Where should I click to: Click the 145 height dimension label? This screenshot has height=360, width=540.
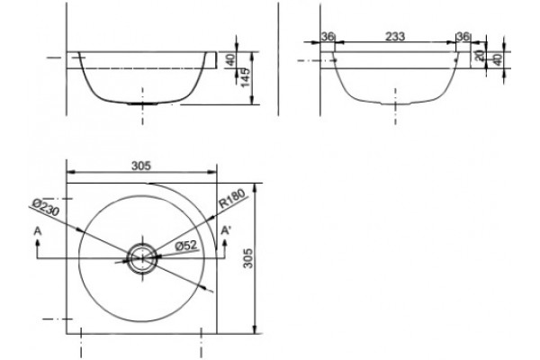[x=246, y=77]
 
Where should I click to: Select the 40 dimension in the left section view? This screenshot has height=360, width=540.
[x=231, y=59]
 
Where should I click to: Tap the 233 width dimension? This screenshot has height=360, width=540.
[x=395, y=36]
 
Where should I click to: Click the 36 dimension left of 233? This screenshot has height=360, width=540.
[x=328, y=36]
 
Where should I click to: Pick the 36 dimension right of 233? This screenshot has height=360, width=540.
[x=463, y=36]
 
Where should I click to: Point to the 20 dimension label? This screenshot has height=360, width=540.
[x=480, y=54]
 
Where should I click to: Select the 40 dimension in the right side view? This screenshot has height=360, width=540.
[x=498, y=59]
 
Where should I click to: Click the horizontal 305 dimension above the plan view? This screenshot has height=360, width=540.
[x=141, y=166]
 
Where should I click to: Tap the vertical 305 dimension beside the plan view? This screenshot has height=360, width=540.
[x=248, y=258]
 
